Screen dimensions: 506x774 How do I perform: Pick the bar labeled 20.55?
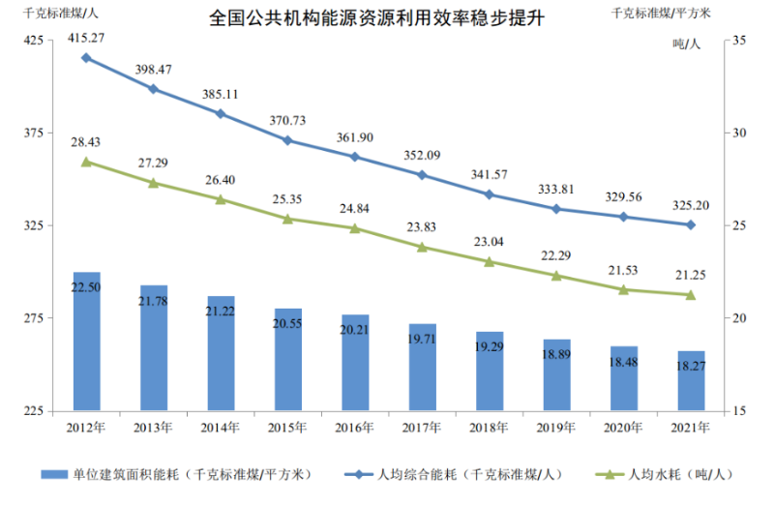click(x=287, y=359)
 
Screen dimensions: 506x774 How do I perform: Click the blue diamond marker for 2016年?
click(x=355, y=157)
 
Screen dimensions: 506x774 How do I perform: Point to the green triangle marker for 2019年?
click(x=556, y=276)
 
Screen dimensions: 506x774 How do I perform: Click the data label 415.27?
click(x=86, y=38)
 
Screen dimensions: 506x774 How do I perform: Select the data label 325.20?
click(x=691, y=205)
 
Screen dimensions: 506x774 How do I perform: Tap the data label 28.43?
click(x=86, y=141)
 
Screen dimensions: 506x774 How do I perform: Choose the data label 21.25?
click(x=691, y=275)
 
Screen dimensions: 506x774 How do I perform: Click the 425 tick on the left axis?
click(x=33, y=41)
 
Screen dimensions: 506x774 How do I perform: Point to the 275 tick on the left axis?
click(x=33, y=318)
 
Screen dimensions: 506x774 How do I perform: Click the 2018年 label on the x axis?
click(x=489, y=427)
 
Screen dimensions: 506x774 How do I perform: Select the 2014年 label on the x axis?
click(x=221, y=427)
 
